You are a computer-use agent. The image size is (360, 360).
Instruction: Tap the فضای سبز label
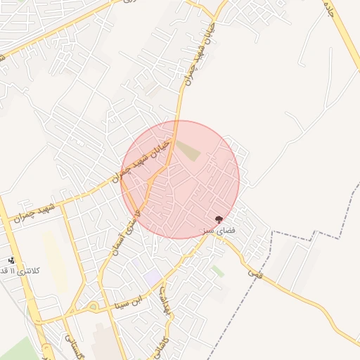point(217,230)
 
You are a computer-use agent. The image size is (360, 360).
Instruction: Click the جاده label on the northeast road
point(328,8)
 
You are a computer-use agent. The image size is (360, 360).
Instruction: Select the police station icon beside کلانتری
point(11,260)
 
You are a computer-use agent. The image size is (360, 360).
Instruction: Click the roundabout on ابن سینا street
point(93,307)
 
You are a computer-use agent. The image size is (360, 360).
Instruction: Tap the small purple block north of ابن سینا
point(153,277)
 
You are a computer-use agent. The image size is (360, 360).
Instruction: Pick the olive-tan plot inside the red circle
point(188,150)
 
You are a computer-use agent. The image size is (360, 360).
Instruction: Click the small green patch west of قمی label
point(219,271)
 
